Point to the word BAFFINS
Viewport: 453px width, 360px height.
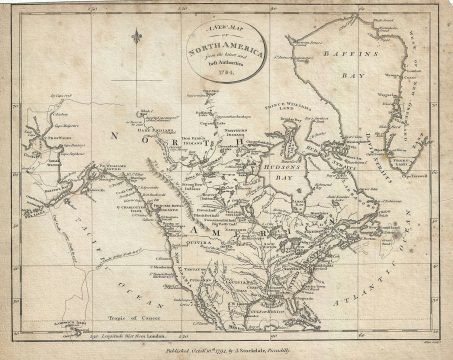350,59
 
